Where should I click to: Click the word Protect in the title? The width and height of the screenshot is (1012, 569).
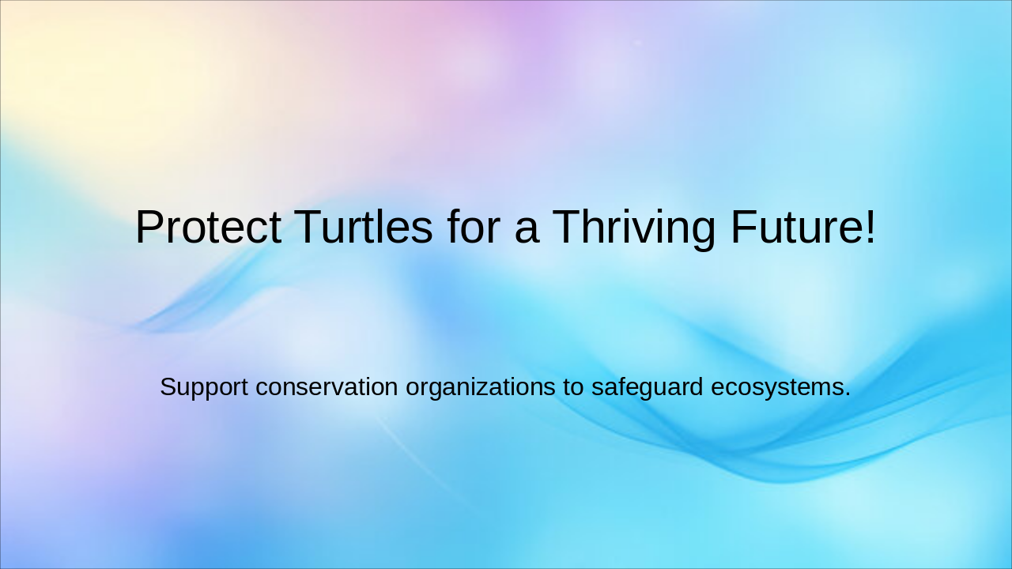click(x=208, y=228)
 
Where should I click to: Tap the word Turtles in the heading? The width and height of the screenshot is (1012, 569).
click(x=364, y=228)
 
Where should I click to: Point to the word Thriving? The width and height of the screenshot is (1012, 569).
click(x=634, y=228)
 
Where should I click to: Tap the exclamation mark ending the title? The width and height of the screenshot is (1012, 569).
click(x=870, y=228)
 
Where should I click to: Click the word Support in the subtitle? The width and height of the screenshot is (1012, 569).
click(x=204, y=387)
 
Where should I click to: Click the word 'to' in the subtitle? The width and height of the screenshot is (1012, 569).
click(x=572, y=387)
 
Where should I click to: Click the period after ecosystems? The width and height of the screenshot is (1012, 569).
click(x=848, y=395)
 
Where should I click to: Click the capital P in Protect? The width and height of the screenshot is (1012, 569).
click(x=149, y=228)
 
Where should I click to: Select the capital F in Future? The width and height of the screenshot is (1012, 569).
click(x=743, y=228)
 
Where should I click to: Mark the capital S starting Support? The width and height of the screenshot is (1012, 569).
click(x=167, y=387)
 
